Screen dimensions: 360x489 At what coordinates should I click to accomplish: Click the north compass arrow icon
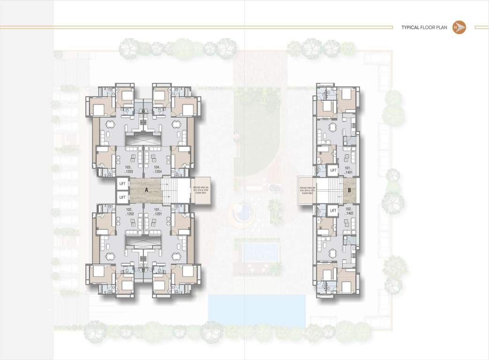[x=459, y=28]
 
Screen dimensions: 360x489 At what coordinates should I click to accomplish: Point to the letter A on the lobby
[x=147, y=190]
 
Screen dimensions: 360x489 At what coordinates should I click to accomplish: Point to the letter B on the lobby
[x=349, y=190]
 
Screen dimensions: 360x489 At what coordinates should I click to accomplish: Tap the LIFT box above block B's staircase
[x=333, y=170]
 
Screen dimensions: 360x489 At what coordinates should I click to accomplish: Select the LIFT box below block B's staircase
[x=333, y=211]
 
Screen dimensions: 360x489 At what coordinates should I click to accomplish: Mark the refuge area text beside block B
[x=307, y=190]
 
